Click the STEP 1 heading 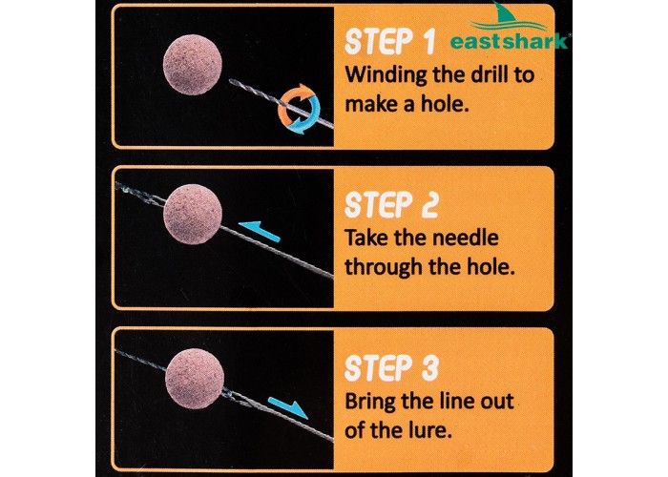pyautogui.click(x=389, y=42)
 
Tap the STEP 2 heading pyautogui.click(x=391, y=205)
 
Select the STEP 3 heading pyautogui.click(x=391, y=368)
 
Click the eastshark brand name pyautogui.click(x=510, y=41)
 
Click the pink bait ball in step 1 pyautogui.click(x=193, y=65)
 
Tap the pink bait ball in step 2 pyautogui.click(x=193, y=215)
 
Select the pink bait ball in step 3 pyautogui.click(x=195, y=379)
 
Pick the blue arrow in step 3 pyautogui.click(x=288, y=407)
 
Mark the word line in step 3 pyautogui.click(x=454, y=401)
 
